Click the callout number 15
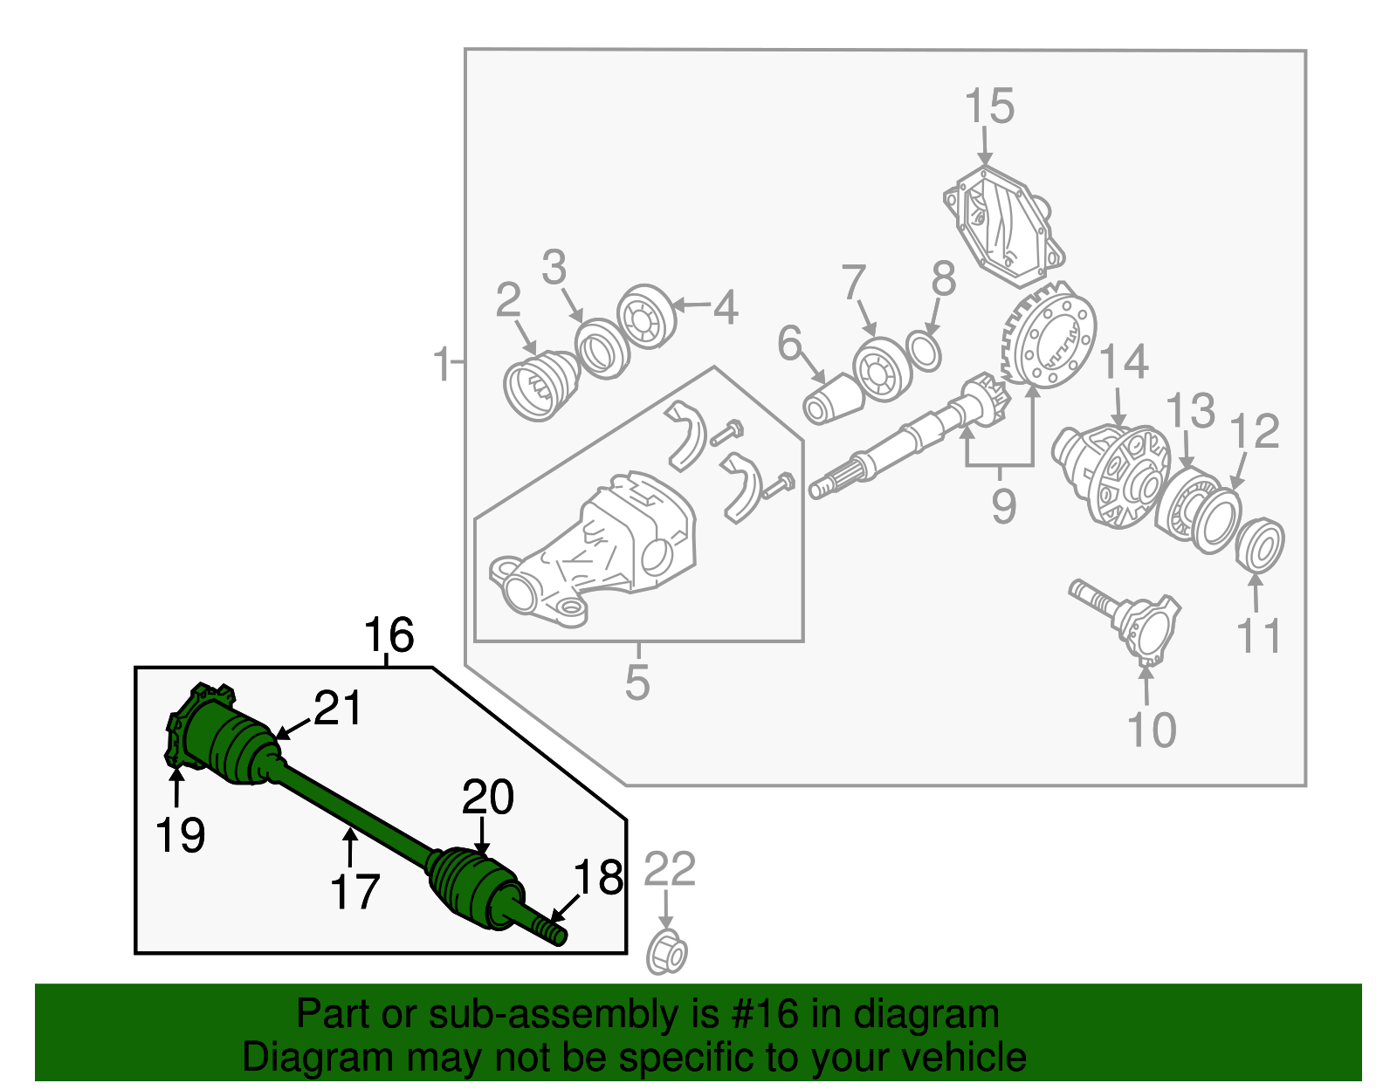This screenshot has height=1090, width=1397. pos(989,106)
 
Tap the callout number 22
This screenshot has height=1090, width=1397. pos(670,870)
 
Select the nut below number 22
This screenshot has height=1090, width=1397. pos(666,953)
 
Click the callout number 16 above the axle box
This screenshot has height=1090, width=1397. pos(389,635)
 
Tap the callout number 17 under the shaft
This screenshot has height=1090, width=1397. pos(354,892)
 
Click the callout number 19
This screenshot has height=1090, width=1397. pos(180,834)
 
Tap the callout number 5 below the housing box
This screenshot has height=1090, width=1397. pos(637,682)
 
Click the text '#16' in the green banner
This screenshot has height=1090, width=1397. pos(759,1015)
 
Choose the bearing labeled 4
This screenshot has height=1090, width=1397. pos(646,316)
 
